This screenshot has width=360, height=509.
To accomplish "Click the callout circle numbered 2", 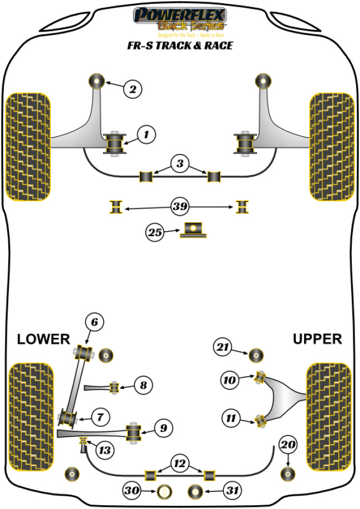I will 133,88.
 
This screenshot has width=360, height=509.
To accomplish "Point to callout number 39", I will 180,207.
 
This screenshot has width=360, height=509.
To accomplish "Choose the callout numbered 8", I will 143,384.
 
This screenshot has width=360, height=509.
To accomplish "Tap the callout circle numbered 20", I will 288,444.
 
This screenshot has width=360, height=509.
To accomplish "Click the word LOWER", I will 43,338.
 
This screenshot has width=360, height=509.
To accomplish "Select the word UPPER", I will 317,338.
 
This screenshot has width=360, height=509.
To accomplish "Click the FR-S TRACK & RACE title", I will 179,45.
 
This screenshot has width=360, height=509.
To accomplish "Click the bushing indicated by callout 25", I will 193,230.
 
